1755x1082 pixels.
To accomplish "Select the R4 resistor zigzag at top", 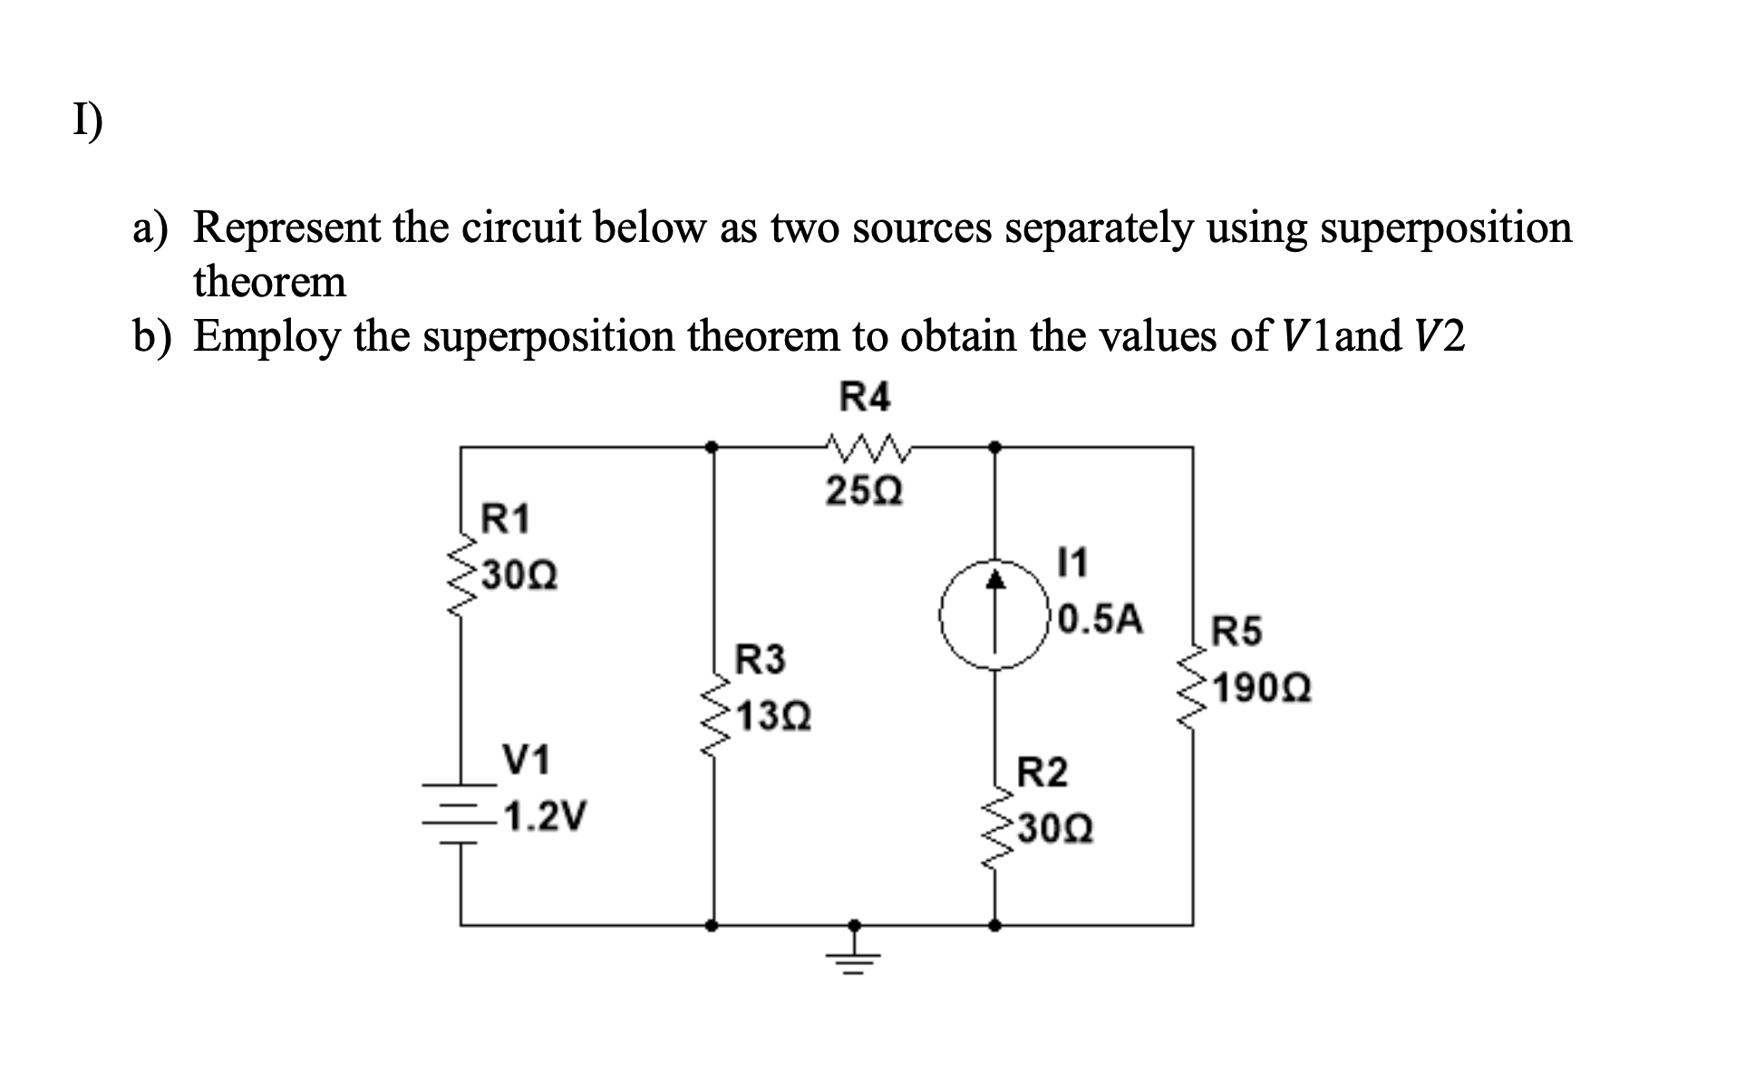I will (867, 446).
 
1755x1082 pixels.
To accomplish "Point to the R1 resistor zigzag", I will (461, 573).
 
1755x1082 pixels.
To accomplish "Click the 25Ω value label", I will (864, 493).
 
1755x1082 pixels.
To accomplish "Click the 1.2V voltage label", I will (545, 816).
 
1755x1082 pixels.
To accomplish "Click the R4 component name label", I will (866, 397).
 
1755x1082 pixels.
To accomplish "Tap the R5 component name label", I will (1236, 632).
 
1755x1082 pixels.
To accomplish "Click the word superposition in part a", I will (1445, 227).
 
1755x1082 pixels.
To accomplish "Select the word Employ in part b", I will (267, 337).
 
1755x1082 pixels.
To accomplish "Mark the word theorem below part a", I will (269, 281).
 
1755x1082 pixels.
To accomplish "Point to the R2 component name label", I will (1042, 773).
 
